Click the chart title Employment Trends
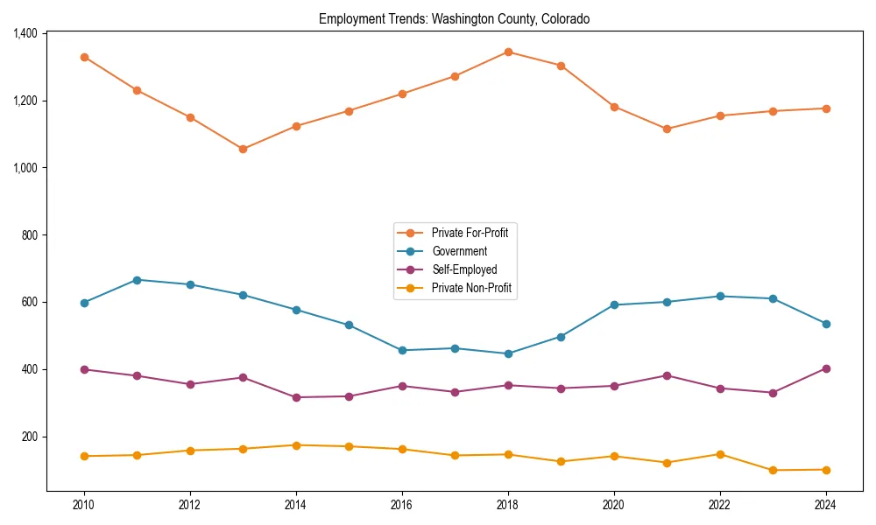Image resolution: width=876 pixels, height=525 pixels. pyautogui.click(x=454, y=18)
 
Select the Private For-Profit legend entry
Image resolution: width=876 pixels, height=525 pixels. pyautogui.click(x=470, y=233)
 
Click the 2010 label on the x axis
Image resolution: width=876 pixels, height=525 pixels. pyautogui.click(x=84, y=504)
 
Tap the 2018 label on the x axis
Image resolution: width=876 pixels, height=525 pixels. pyautogui.click(x=508, y=504)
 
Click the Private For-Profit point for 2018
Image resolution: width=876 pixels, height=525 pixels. pyautogui.click(x=508, y=52)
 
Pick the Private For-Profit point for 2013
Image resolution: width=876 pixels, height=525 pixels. pyautogui.click(x=243, y=149)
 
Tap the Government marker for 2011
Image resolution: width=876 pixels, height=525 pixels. pyautogui.click(x=138, y=280)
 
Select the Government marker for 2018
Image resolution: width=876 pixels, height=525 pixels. pyautogui.click(x=508, y=353)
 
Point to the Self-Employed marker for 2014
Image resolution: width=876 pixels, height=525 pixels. pyautogui.click(x=296, y=397)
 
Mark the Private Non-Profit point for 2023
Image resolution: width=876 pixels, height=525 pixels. pyautogui.click(x=773, y=470)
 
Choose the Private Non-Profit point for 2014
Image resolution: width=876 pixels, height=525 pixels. pyautogui.click(x=296, y=445)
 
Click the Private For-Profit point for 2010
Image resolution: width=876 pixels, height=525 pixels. pyautogui.click(x=84, y=57)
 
